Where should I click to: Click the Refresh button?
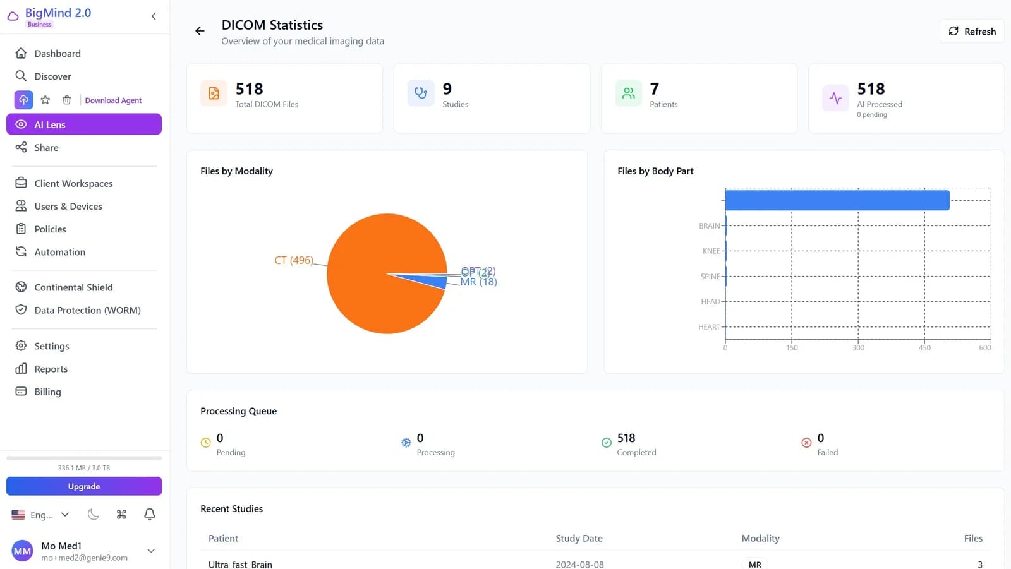tap(972, 32)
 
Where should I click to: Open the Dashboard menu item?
tap(57, 54)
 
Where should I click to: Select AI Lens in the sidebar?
tap(83, 124)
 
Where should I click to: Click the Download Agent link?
tap(113, 100)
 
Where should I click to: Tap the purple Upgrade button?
tap(83, 486)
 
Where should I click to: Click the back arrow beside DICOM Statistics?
tap(200, 31)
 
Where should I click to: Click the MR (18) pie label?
tap(478, 282)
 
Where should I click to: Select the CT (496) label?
tap(294, 260)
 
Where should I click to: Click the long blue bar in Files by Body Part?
tap(837, 200)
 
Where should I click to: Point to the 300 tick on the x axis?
tap(858, 348)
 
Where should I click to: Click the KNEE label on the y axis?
tap(711, 251)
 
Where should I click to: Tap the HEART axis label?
tap(709, 327)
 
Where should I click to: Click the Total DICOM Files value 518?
tap(249, 89)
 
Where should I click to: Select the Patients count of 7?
tap(654, 89)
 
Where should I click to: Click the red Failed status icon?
tap(806, 443)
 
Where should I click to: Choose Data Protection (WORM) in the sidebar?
tap(87, 310)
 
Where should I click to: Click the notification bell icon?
tap(150, 514)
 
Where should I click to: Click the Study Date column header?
tap(579, 538)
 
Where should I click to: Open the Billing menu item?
tap(47, 392)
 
